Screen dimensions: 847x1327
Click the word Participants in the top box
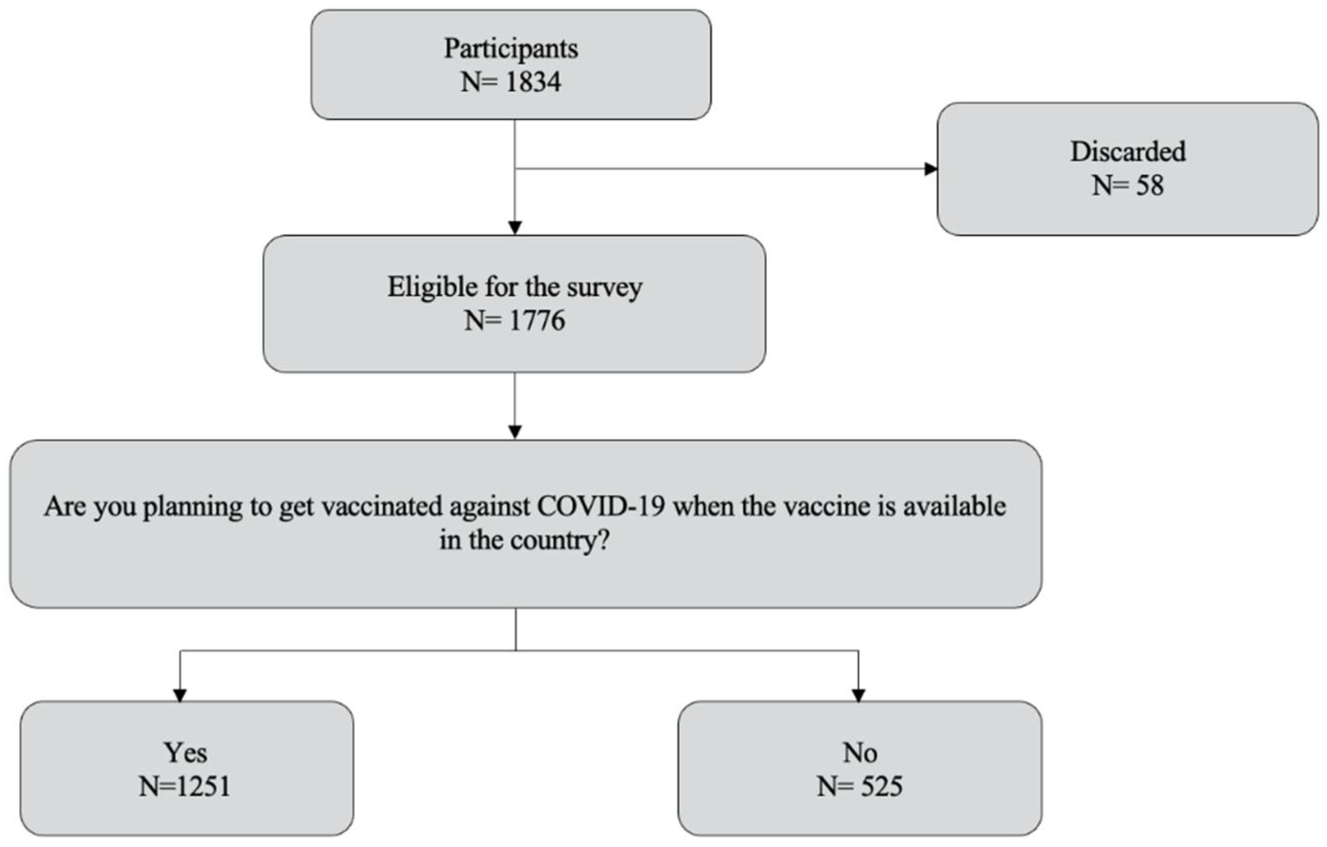[x=510, y=49]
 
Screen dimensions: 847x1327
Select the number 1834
[x=533, y=82]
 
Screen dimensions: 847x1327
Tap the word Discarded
[x=1128, y=152]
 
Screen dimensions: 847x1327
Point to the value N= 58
[x=1128, y=186]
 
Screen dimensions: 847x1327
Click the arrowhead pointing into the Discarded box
[x=930, y=169]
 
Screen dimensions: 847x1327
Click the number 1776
[x=537, y=321]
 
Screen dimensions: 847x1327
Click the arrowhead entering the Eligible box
[x=515, y=228]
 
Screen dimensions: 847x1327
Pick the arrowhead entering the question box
[x=515, y=432]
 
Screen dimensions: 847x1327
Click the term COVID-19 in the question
[x=601, y=507]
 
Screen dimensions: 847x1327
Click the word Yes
[x=185, y=753]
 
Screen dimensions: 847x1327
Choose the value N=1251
[x=185, y=787]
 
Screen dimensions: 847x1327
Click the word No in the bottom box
[x=859, y=753]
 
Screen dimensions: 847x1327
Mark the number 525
[x=882, y=787]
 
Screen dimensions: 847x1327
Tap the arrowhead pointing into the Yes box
[x=179, y=695]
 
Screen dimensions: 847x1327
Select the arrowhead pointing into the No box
[x=858, y=695]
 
